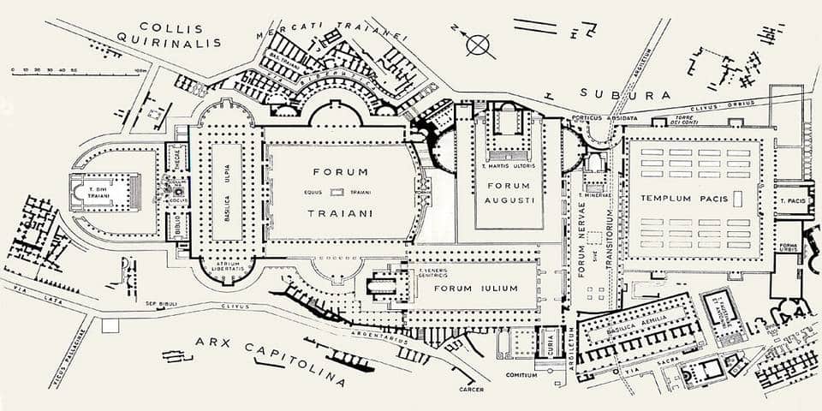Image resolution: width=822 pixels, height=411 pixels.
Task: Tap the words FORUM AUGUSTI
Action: tap(509, 192)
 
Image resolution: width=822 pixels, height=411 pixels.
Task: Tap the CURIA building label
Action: tap(549, 342)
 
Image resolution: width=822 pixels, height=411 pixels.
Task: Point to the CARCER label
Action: tap(471, 389)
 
